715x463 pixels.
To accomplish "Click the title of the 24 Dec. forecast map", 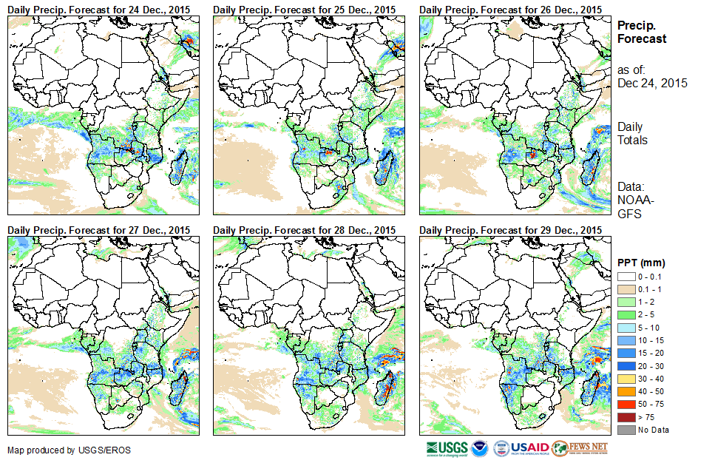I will pyautogui.click(x=98, y=9).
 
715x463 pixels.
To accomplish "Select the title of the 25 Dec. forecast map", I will pyautogui.click(x=304, y=9).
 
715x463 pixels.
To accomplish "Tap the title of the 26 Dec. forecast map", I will pyautogui.click(x=510, y=9).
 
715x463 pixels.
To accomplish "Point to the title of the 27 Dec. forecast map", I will pyautogui.click(x=98, y=230).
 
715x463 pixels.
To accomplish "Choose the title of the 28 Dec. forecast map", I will pyautogui.click(x=304, y=230).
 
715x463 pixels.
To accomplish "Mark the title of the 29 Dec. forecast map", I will pyautogui.click(x=510, y=230).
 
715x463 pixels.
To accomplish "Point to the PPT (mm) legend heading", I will pyautogui.click(x=641, y=263).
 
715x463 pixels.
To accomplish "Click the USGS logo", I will pyautogui.click(x=447, y=448).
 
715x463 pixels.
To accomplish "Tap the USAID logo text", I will pyautogui.click(x=530, y=448).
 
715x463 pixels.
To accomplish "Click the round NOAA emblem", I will pyautogui.click(x=480, y=448).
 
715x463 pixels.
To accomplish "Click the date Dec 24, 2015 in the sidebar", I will pyautogui.click(x=652, y=83).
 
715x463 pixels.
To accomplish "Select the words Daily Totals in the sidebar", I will pyautogui.click(x=632, y=133).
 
